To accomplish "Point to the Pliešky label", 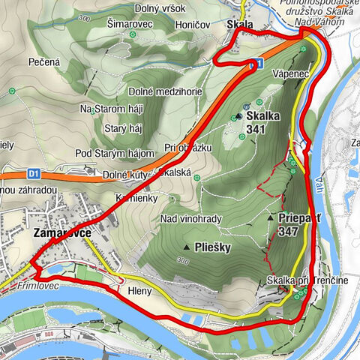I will click(213, 247).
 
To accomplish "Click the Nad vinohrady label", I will click(187, 218).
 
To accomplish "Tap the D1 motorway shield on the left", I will click(33, 173).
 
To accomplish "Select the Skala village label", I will click(239, 25).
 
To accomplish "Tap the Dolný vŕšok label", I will click(160, 7).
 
